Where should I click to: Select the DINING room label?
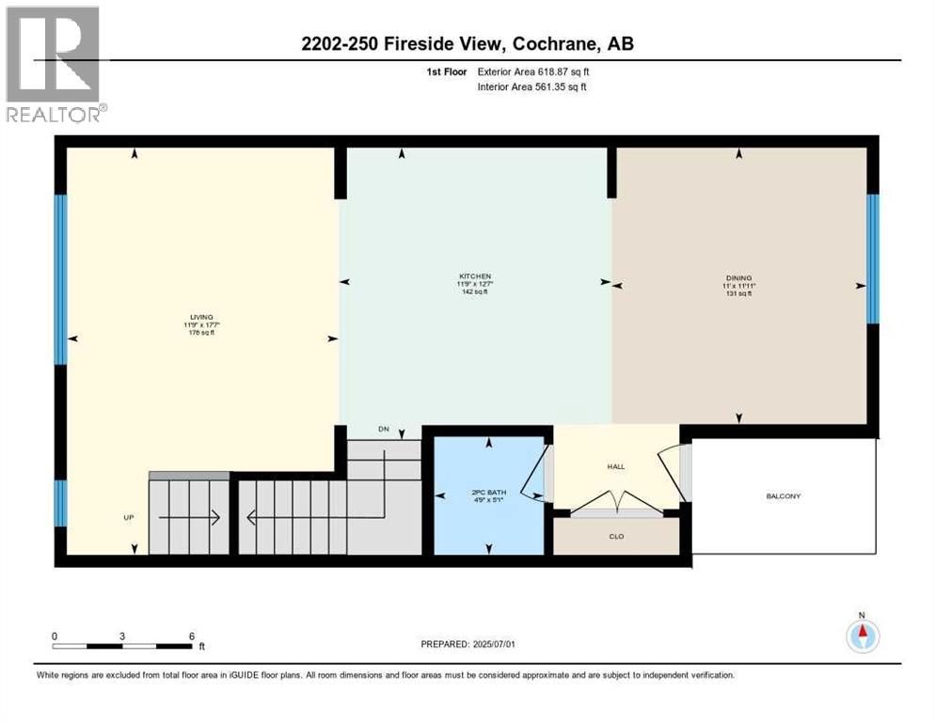click(737, 277)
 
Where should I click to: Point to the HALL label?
click(616, 466)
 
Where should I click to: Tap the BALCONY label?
click(784, 495)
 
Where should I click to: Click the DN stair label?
click(384, 430)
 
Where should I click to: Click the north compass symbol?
click(863, 635)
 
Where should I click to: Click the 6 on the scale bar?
click(192, 636)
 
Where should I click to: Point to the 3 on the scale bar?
click(122, 636)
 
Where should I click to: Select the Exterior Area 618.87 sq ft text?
click(533, 71)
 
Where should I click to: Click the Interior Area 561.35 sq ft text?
click(533, 87)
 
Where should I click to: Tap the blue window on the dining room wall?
click(872, 258)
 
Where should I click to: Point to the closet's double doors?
click(616, 510)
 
